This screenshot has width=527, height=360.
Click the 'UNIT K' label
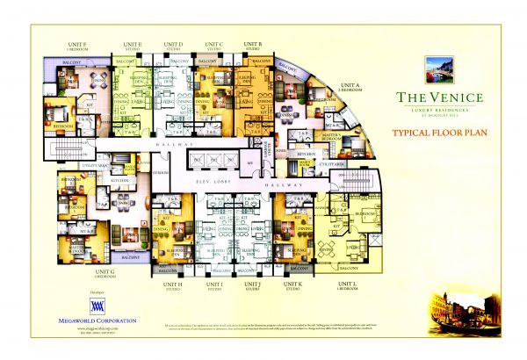292,284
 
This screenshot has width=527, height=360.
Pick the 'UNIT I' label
213,284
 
